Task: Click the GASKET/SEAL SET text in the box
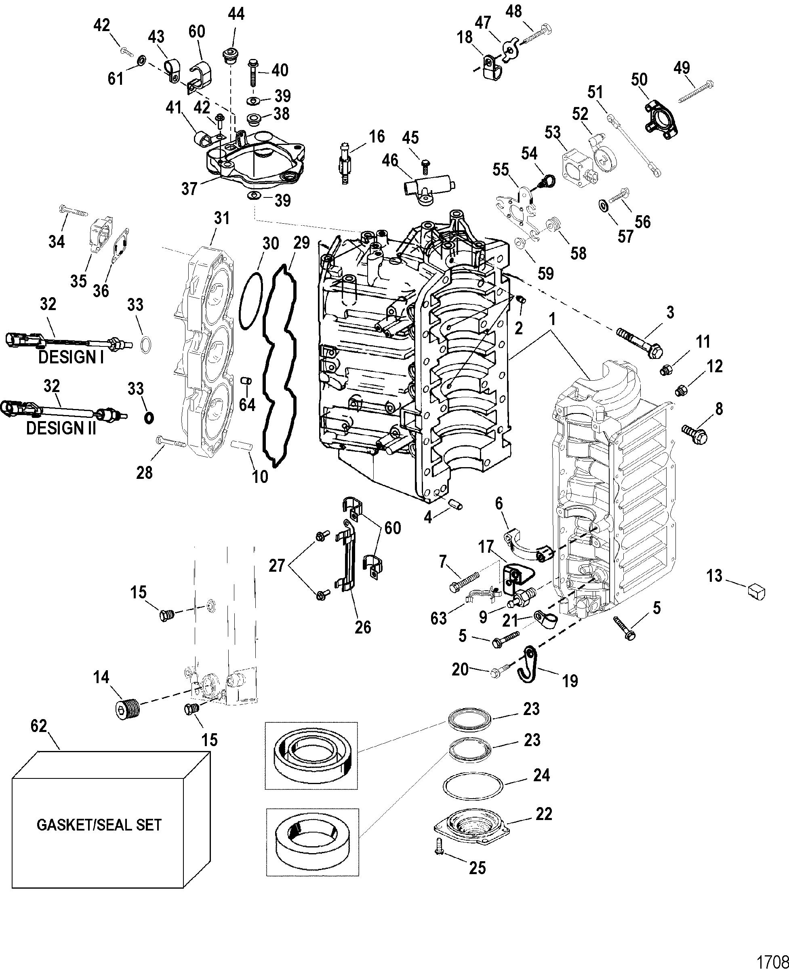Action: pyautogui.click(x=99, y=824)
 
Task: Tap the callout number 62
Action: pyautogui.click(x=39, y=726)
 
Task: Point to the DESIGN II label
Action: pyautogui.click(x=61, y=428)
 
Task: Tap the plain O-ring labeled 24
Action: pyautogui.click(x=473, y=786)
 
